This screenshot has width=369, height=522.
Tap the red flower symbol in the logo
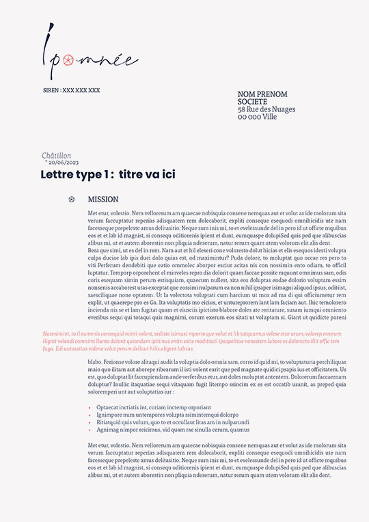click(68, 61)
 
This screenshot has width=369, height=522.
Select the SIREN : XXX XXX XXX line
click(71, 90)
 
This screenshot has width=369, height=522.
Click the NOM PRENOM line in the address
click(262, 94)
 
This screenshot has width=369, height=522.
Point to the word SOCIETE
click(253, 102)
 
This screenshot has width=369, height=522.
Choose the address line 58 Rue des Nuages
click(266, 109)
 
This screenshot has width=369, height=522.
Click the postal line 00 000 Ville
click(258, 117)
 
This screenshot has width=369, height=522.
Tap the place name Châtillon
click(56, 156)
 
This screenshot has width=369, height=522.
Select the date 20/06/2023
click(64, 163)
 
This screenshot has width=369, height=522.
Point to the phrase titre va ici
click(146, 175)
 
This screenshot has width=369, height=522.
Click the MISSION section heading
click(103, 200)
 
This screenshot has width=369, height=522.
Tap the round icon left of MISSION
click(72, 200)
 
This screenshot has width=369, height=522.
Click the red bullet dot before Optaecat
click(90, 408)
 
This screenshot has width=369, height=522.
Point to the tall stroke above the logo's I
click(50, 33)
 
